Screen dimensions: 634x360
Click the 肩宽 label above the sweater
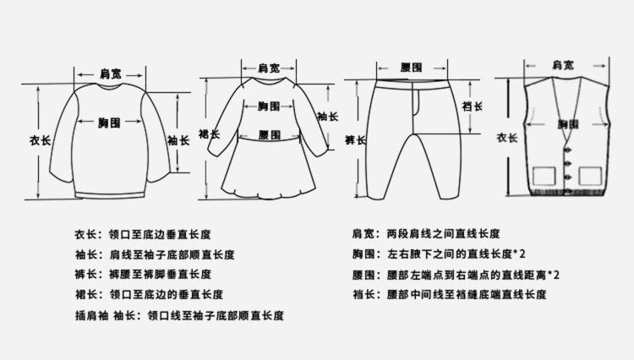(x=111, y=74)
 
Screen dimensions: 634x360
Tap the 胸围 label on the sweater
(x=109, y=123)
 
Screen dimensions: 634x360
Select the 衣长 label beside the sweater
(x=40, y=140)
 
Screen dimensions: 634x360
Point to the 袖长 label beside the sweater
(x=178, y=140)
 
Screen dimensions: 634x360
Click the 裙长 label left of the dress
(x=209, y=134)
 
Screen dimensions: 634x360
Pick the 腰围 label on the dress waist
(x=270, y=135)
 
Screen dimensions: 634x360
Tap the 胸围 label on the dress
(x=269, y=106)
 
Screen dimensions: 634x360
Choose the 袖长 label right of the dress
(x=327, y=117)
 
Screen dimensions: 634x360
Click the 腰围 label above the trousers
(x=411, y=68)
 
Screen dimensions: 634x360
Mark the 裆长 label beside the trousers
(x=473, y=106)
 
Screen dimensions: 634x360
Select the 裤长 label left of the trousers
(x=355, y=140)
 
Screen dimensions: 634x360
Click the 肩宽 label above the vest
(x=563, y=65)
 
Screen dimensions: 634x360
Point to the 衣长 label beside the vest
(x=507, y=138)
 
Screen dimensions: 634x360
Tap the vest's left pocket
(x=544, y=177)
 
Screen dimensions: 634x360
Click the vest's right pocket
(x=591, y=177)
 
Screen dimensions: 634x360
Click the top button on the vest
(x=569, y=150)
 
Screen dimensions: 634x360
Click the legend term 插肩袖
(x=92, y=315)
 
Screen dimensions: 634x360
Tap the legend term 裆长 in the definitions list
(x=363, y=295)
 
